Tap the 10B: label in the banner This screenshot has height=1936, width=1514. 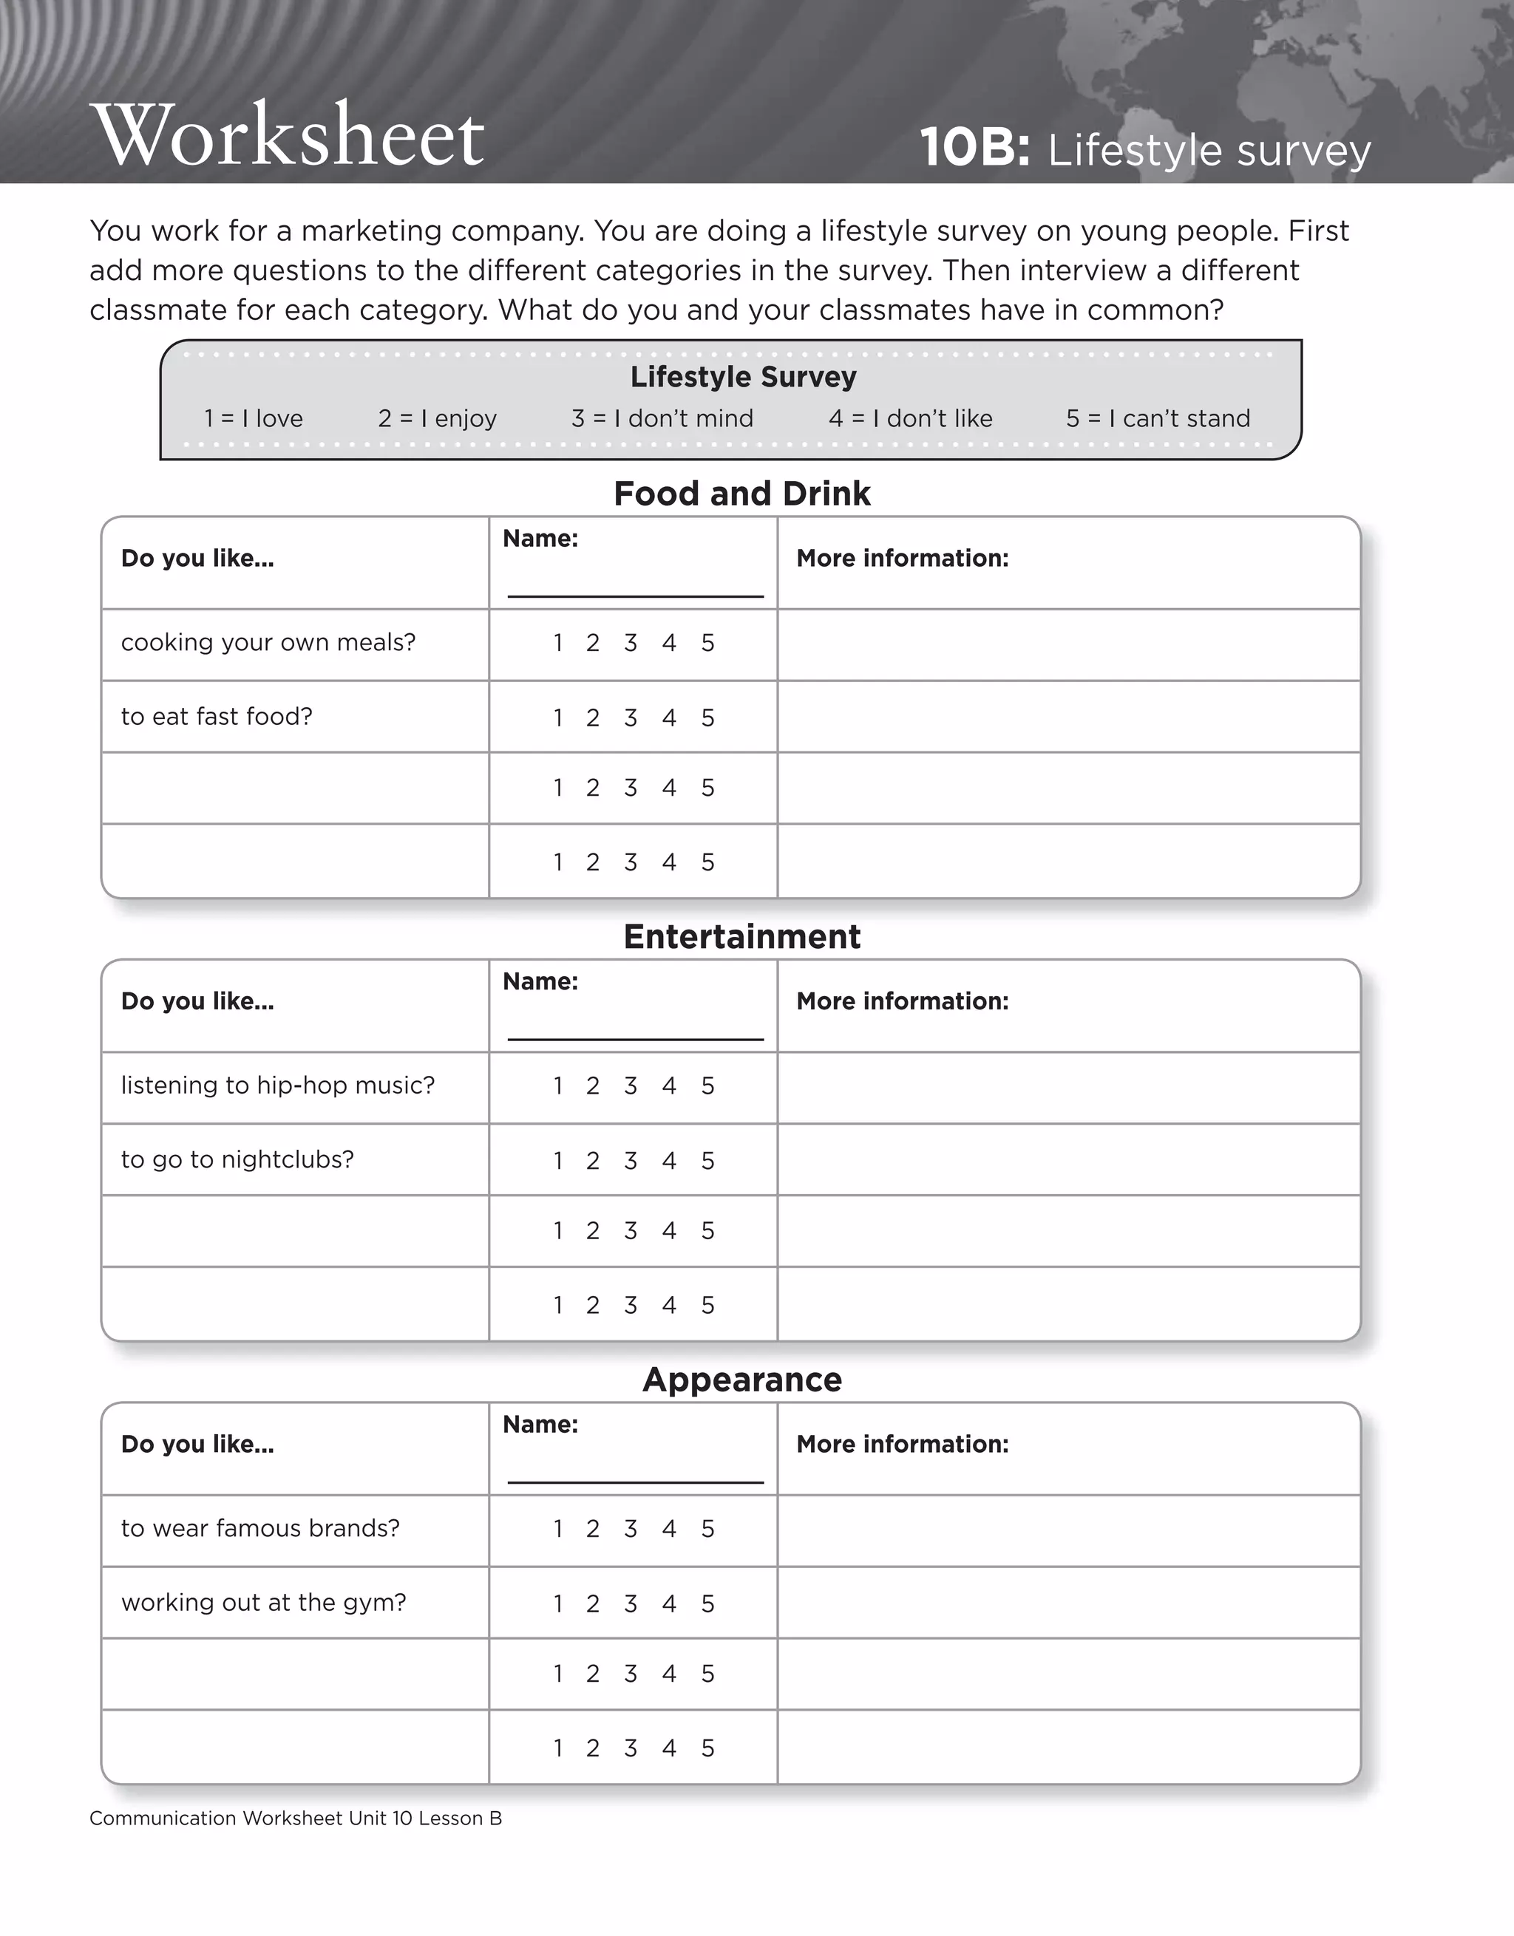974,147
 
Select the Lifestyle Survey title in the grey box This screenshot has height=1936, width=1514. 742,377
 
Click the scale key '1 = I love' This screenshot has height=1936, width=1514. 253,418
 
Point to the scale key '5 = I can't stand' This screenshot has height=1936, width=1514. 1158,418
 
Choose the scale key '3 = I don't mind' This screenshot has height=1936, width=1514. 662,418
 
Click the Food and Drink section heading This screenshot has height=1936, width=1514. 741,494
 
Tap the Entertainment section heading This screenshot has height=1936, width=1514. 741,937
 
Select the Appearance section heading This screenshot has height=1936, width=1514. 741,1380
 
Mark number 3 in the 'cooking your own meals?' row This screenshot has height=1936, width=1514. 630,643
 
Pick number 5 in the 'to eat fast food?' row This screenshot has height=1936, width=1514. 707,718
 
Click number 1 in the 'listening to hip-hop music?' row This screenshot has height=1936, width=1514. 558,1086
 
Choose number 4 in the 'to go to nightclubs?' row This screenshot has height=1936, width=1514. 669,1160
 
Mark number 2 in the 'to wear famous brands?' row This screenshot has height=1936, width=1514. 592,1529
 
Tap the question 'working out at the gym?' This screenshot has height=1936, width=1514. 263,1603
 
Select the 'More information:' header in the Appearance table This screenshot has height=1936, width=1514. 902,1444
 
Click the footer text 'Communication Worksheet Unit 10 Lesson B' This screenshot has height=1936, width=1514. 296,1818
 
